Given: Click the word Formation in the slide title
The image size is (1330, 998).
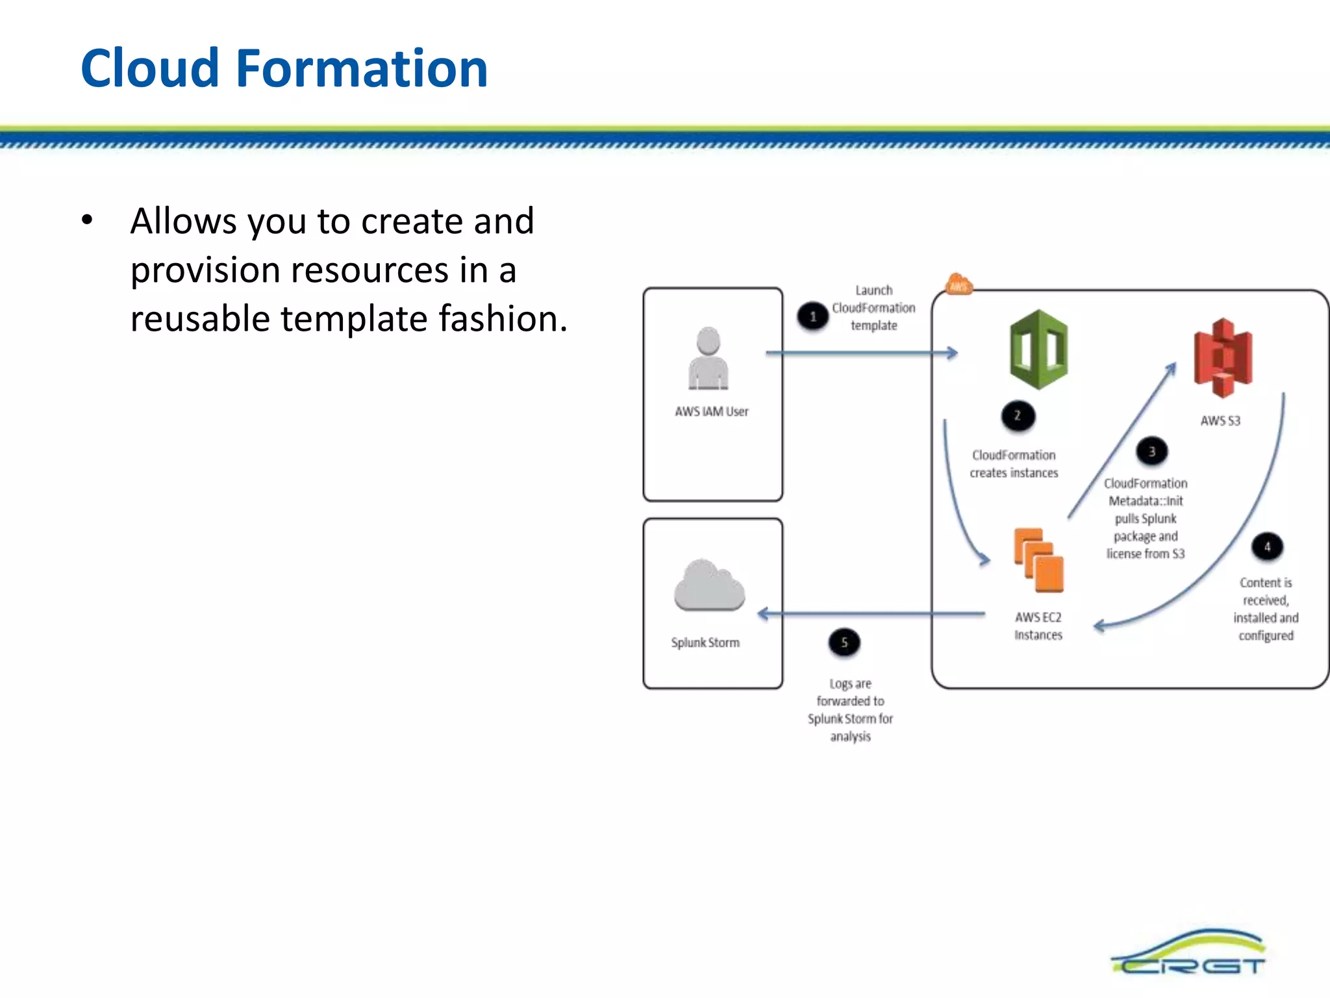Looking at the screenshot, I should tap(361, 69).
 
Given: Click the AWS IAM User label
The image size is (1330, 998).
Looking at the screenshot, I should tap(712, 411).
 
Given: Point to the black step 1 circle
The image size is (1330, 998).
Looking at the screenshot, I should tap(812, 316).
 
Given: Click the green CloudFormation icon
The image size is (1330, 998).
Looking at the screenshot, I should tap(1038, 350).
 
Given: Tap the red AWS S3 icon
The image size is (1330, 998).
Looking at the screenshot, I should tap(1223, 357).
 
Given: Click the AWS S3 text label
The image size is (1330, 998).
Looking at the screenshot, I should tap(1220, 420).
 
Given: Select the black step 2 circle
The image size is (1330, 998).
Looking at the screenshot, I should tap(1018, 416).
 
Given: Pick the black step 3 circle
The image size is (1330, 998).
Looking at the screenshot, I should tap(1152, 452).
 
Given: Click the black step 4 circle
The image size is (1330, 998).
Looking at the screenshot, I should tap(1267, 546).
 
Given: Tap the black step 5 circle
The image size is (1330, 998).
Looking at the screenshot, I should tap(844, 643).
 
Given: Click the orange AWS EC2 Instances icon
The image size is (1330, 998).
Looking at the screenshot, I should tap(1038, 560).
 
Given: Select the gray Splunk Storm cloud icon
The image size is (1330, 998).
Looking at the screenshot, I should tap(709, 585).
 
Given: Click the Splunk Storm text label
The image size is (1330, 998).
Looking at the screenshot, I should tap(705, 643).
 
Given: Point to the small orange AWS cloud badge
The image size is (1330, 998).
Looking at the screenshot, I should tap(959, 285).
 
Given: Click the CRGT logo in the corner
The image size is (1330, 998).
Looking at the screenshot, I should tap(1188, 954).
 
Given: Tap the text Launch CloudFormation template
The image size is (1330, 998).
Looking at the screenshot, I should tap(873, 308).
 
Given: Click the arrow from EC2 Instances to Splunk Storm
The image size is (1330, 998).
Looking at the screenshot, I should tap(870, 613).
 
